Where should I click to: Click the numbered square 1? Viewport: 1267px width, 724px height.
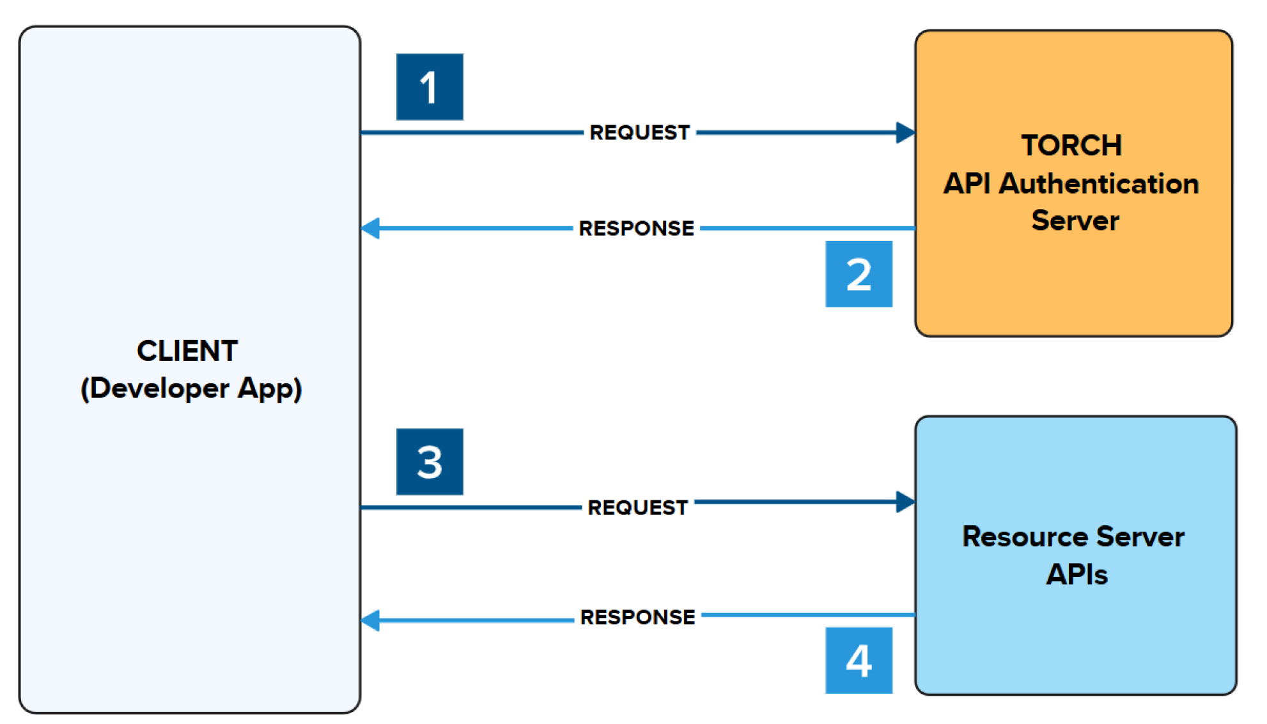[x=430, y=87]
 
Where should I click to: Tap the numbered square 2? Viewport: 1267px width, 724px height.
[x=859, y=274]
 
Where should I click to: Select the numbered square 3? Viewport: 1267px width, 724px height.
[x=430, y=461]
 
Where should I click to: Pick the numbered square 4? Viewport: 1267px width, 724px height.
[x=859, y=660]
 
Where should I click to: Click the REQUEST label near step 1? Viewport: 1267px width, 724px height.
[x=639, y=132]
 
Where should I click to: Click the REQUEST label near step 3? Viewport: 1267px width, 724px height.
[x=637, y=507]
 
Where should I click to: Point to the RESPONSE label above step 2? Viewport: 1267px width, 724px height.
[x=636, y=228]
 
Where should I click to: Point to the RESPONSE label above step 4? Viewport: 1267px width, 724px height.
[x=637, y=617]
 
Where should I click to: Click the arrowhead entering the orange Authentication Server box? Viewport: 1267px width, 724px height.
[x=905, y=133]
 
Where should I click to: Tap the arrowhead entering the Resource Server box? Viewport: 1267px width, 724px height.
[x=905, y=502]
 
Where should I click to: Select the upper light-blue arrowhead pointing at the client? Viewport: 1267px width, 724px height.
[x=371, y=228]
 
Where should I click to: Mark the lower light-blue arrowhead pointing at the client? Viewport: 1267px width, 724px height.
[x=371, y=620]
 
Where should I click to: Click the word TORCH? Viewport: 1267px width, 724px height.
[x=1071, y=146]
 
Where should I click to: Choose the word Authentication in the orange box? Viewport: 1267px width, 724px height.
[x=1099, y=184]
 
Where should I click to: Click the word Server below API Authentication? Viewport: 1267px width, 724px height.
[x=1075, y=220]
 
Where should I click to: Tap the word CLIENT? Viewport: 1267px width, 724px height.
[x=187, y=351]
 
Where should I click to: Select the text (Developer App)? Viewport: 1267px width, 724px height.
[x=191, y=389]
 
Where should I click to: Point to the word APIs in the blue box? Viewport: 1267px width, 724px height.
[x=1077, y=574]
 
